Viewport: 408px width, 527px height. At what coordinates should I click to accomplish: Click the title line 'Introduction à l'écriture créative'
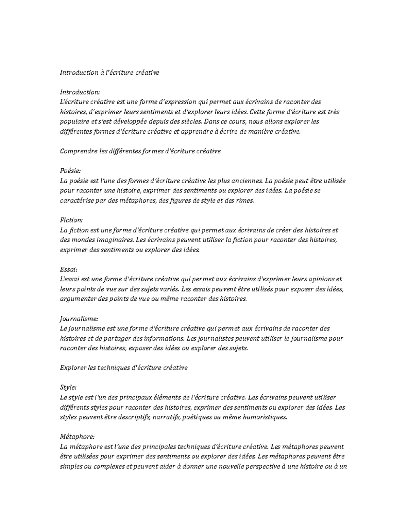pos(109,72)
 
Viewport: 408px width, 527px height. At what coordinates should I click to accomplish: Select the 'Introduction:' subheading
pos(80,92)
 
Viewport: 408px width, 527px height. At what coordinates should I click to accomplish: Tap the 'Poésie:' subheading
pos(70,171)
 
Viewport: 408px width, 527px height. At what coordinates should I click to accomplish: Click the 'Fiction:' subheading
pos(71,220)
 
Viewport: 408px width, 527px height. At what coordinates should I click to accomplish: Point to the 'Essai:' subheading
pos(69,269)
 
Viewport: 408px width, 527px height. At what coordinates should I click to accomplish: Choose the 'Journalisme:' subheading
pos(79,319)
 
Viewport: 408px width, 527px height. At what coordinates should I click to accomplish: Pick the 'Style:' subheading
pos(68,387)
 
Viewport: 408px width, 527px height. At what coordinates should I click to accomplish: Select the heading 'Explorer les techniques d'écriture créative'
pos(123,368)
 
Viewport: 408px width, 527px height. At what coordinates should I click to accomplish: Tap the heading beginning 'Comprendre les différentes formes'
pos(140,151)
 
